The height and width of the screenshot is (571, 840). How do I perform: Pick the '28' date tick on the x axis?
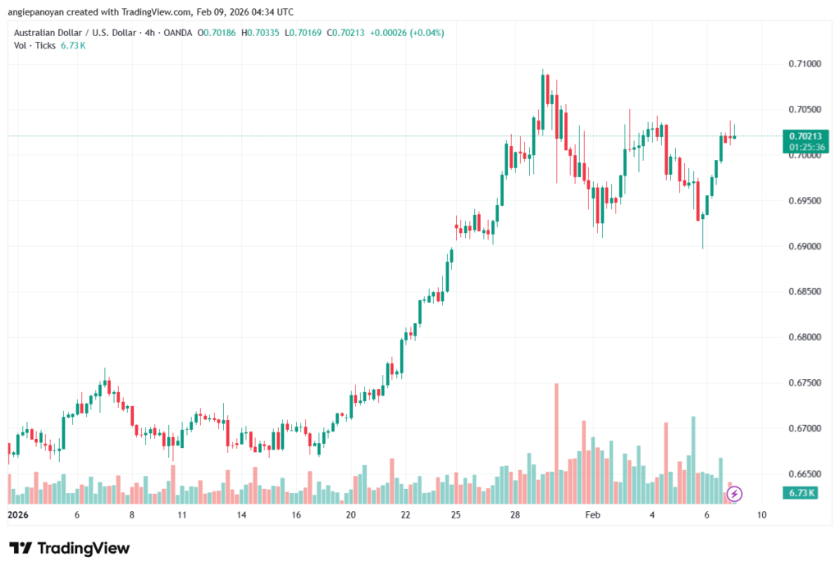click(x=514, y=515)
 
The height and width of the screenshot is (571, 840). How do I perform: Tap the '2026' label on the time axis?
click(x=18, y=515)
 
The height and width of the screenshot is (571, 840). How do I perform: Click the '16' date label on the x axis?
click(x=296, y=515)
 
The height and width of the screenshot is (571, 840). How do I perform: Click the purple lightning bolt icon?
click(x=735, y=494)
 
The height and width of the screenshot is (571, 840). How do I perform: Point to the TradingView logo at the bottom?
click(x=69, y=548)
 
